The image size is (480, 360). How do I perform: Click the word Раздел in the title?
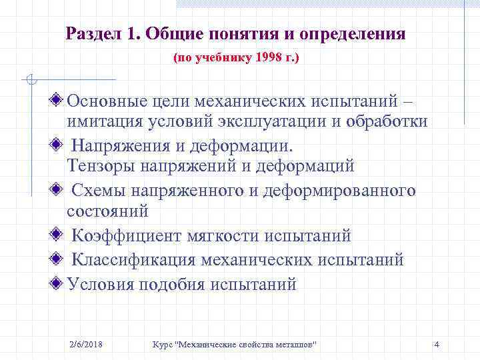pos(91,33)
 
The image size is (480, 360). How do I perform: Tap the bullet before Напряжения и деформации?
pos(59,145)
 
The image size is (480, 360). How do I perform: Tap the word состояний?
pos(107,211)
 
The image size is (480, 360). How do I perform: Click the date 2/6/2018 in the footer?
pos(89,344)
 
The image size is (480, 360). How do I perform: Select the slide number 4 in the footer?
pos(436,344)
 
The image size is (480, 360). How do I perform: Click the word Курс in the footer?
pos(162,344)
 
